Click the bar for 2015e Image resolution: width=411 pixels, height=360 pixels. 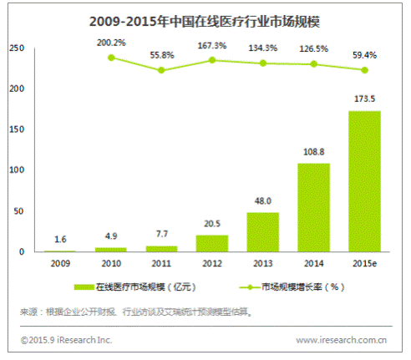tap(364, 181)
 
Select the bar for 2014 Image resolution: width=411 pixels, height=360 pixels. tap(313, 207)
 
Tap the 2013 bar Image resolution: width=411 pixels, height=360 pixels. tap(262, 232)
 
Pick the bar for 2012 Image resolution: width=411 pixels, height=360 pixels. tap(212, 243)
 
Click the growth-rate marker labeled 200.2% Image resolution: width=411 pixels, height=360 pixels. tap(111, 58)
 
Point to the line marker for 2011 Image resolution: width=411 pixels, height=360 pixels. tap(161, 70)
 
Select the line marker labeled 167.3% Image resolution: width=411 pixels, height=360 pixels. tap(212, 60)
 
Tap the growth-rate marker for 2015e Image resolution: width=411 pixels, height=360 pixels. tap(364, 70)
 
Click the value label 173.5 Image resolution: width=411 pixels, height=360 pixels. tap(364, 99)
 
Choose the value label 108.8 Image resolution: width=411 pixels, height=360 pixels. tap(314, 152)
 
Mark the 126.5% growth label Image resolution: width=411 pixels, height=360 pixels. tap(314, 48)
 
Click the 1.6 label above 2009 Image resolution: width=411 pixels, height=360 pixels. tap(60, 239)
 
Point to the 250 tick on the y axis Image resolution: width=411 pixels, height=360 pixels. tap(17, 48)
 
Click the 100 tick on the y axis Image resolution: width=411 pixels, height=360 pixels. tap(17, 170)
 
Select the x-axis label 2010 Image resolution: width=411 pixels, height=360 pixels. tap(111, 263)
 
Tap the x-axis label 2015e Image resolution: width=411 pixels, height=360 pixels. tap(364, 263)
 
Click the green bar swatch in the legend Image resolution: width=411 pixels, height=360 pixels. tap(84, 287)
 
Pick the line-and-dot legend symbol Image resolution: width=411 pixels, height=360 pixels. tap(250, 287)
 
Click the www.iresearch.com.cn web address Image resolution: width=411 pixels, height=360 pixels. tap(341, 340)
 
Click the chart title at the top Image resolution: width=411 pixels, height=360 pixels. tap(205, 22)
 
